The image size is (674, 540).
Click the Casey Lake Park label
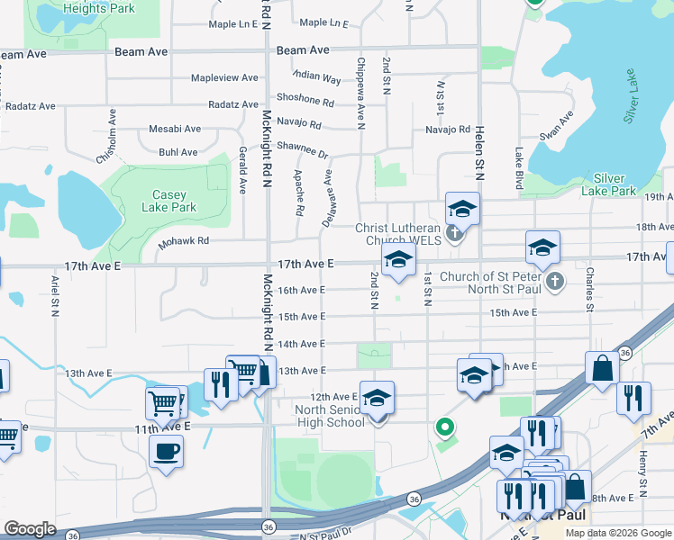168,201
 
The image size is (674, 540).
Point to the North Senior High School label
330,417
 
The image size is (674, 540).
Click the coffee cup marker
166,450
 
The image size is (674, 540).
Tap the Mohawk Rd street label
184,241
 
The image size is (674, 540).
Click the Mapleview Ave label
224,78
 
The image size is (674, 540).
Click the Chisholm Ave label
107,136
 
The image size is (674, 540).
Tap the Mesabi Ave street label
175,129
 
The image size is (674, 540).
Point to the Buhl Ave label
178,152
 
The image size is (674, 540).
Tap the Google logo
31,529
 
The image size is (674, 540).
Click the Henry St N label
643,479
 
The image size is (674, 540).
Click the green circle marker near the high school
442,427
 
